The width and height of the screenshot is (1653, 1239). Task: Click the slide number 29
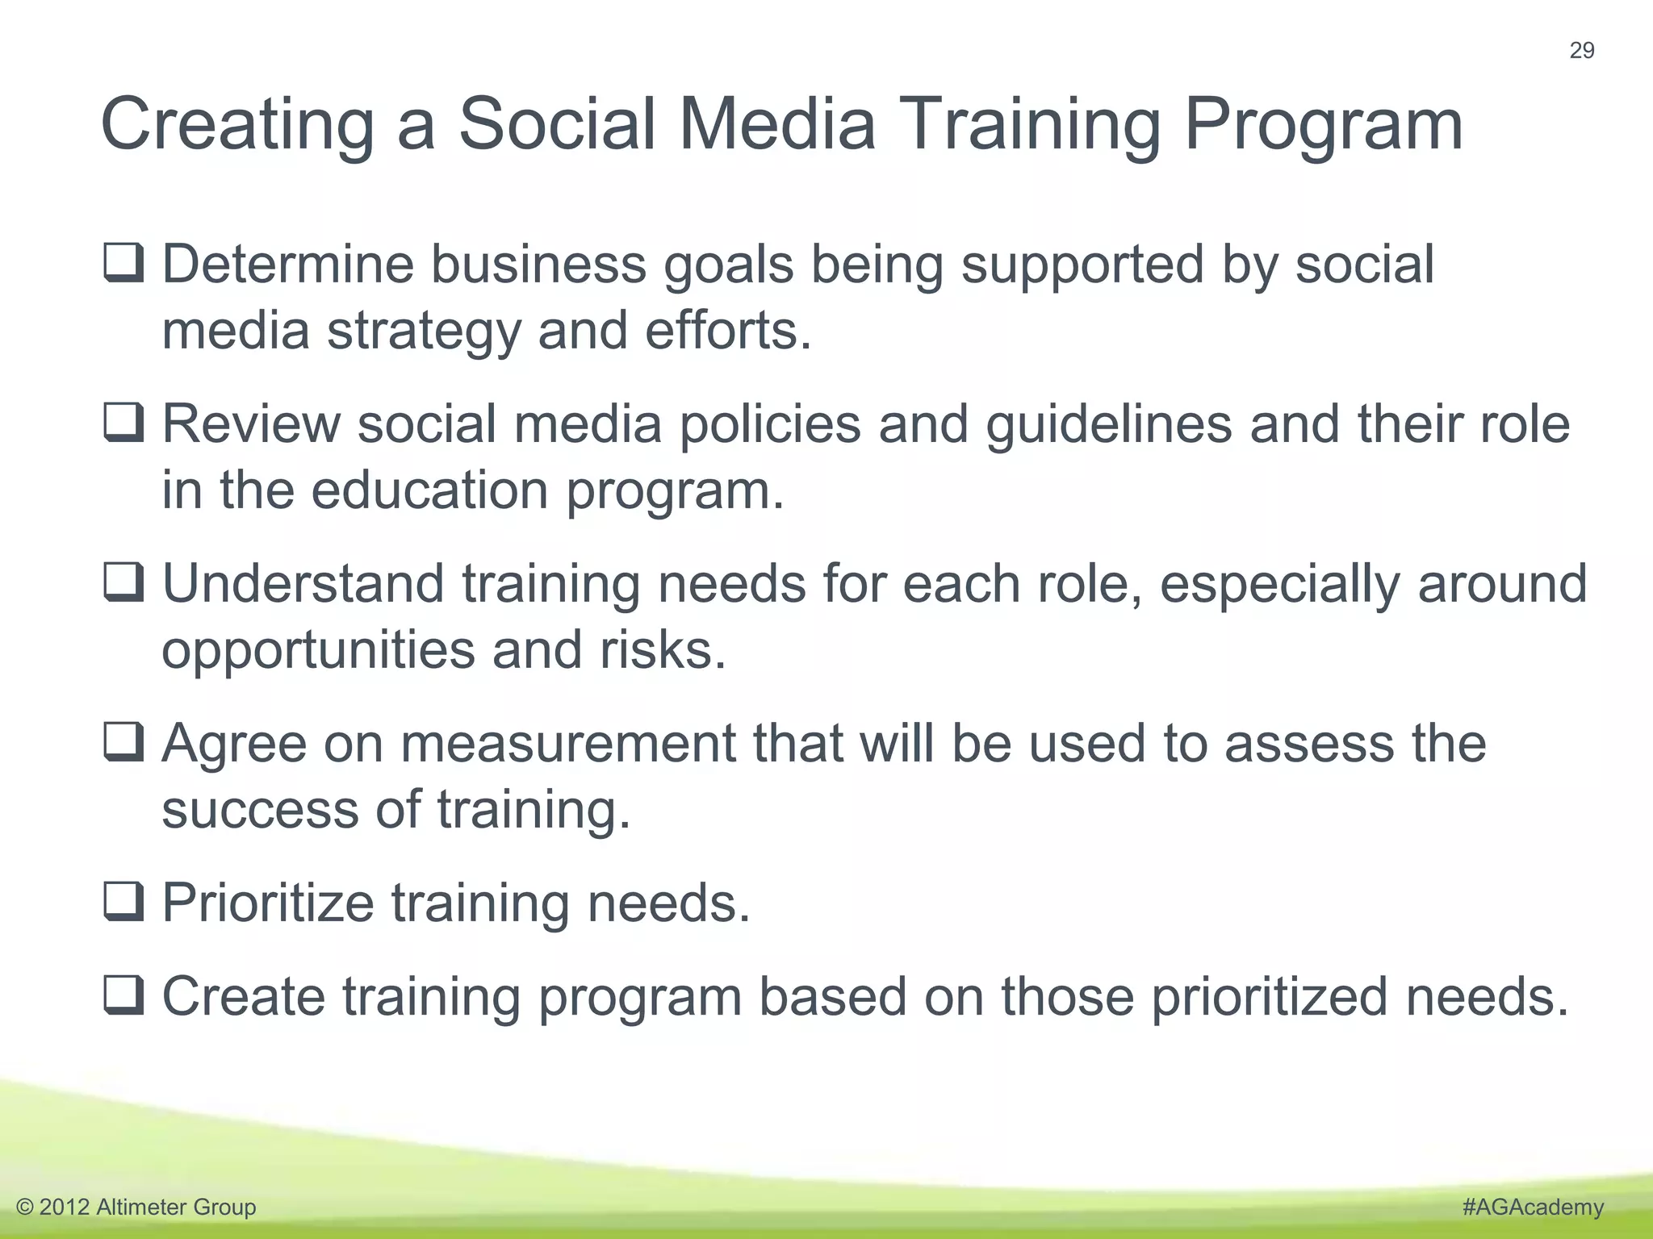tap(1581, 51)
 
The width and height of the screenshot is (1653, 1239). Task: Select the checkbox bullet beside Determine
tap(124, 264)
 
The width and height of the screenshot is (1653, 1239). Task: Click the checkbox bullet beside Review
tap(124, 423)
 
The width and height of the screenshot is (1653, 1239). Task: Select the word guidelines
tap(1109, 425)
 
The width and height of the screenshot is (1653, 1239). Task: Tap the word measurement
tap(568, 744)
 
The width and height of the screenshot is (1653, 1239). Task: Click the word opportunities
tap(319, 652)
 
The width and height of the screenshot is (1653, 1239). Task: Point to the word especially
tap(1280, 585)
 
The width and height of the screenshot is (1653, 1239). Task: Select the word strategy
tap(424, 332)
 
